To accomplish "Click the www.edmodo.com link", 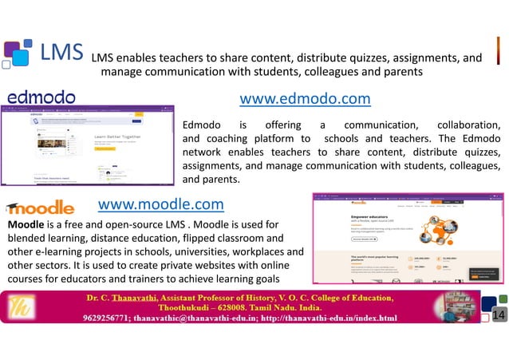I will click(x=305, y=99).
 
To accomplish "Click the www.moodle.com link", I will click(x=160, y=204).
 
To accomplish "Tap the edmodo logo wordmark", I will click(x=41, y=97).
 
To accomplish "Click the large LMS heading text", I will click(x=62, y=53).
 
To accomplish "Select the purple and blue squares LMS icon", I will click(x=18, y=53).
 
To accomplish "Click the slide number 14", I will click(x=499, y=317).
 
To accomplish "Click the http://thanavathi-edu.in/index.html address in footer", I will click(x=317, y=318).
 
